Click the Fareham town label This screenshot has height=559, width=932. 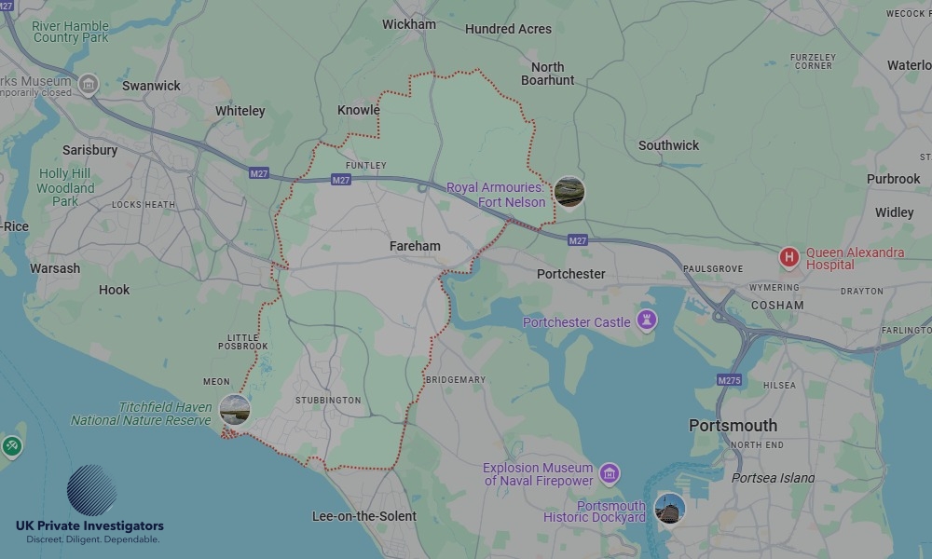[x=415, y=246]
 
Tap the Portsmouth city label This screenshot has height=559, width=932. [x=733, y=426]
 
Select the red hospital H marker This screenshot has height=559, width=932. [x=789, y=257]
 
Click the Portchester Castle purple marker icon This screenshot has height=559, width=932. [x=646, y=321]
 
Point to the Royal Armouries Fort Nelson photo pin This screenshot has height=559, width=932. [x=569, y=192]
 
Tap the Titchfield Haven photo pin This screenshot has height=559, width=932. [x=234, y=409]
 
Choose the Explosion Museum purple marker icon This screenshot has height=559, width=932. [x=609, y=473]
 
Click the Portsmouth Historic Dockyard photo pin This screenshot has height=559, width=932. [x=669, y=508]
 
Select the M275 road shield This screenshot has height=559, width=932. [x=729, y=380]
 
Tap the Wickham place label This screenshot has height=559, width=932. [x=408, y=24]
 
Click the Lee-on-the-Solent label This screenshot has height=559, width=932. [x=363, y=516]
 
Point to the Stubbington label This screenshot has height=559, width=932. [x=327, y=401]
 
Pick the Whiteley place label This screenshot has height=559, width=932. [x=240, y=111]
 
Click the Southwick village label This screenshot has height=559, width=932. [x=668, y=145]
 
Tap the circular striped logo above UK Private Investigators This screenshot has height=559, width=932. [x=92, y=490]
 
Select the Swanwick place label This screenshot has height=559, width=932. [x=151, y=86]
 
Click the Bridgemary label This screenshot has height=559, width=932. [x=455, y=380]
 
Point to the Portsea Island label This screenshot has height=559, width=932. [x=773, y=478]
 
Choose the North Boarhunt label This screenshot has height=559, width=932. [x=548, y=74]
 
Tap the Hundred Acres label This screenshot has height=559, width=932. [x=508, y=29]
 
